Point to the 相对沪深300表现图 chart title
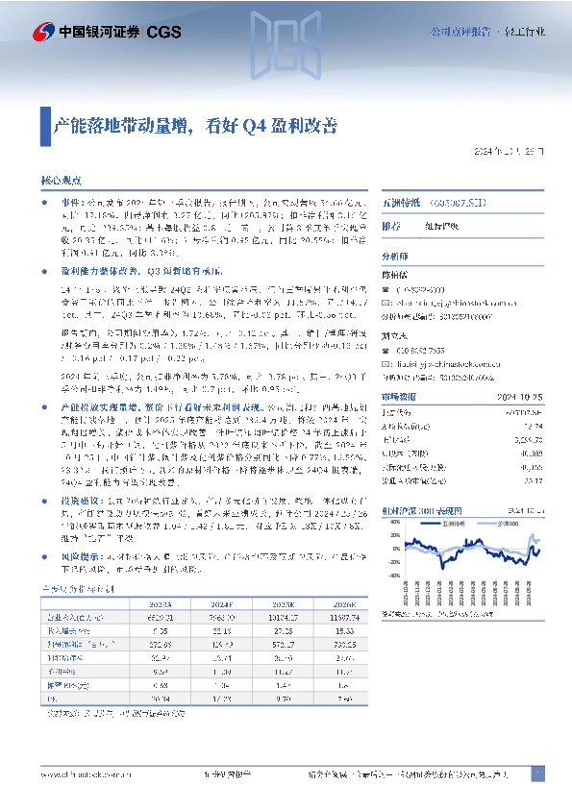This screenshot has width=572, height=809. pos(422,510)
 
